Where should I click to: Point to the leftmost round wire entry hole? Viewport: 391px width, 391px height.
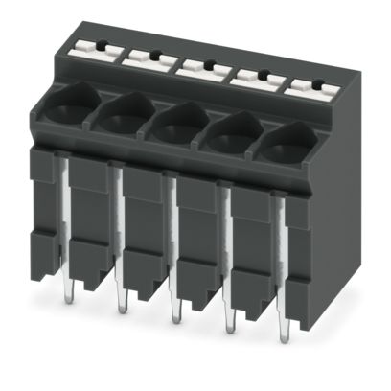coord(63,101)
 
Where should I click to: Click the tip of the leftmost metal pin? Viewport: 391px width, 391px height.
coord(69,285)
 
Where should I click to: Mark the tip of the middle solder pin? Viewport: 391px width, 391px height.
coord(174,318)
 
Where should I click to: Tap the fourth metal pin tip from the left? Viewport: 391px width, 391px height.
coord(230,329)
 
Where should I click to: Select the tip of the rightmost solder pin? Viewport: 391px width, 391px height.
coord(285,340)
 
